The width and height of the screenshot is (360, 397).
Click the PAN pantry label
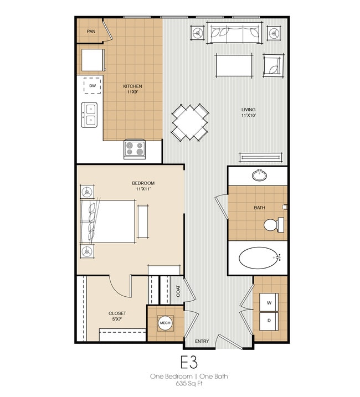coord(91,32)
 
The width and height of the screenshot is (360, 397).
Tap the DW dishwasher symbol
coord(92,86)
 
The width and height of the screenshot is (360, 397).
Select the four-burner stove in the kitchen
coord(135,148)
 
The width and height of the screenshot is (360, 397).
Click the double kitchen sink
coord(89,115)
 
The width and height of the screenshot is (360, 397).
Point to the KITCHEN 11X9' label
coord(132,89)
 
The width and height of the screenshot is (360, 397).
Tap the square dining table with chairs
coord(189,122)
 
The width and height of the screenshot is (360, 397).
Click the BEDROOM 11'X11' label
coord(143,186)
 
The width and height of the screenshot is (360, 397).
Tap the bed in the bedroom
coord(109,221)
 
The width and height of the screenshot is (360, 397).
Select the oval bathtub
coord(259,257)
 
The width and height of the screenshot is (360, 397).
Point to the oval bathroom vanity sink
coord(259,176)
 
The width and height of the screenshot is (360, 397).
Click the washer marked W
coord(270,303)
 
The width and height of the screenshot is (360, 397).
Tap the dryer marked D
coord(270,321)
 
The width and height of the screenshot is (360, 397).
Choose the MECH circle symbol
coord(164,323)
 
